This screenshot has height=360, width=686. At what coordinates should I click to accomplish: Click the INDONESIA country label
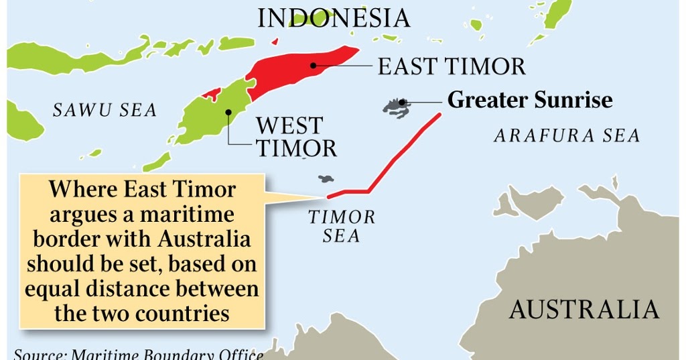tap(334, 18)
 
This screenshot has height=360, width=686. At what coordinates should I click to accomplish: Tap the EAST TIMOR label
tap(452, 66)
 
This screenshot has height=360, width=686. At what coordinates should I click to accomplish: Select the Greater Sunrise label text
tap(529, 101)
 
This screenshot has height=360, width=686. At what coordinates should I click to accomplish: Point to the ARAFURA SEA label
tap(567, 136)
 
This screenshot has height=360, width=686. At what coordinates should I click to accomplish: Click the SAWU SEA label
tap(105, 110)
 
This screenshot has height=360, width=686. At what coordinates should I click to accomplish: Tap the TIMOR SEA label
tap(342, 227)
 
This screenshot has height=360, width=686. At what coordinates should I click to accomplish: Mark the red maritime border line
tap(402, 154)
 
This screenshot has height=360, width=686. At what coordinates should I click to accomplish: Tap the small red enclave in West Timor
tap(211, 94)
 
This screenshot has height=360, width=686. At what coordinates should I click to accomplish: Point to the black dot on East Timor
tap(313, 66)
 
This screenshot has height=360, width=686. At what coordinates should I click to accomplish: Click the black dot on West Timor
tap(228, 112)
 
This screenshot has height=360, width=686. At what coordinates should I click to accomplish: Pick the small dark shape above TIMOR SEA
tap(326, 179)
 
